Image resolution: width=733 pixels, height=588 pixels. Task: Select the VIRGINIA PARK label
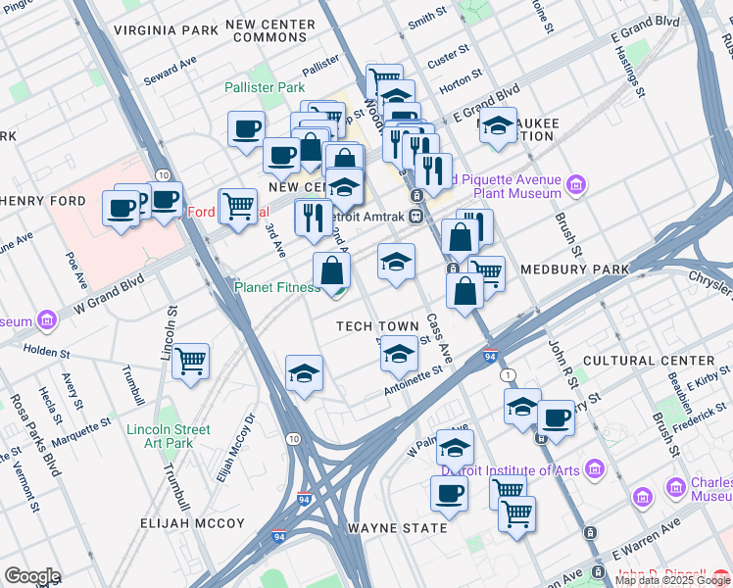pyautogui.click(x=165, y=30)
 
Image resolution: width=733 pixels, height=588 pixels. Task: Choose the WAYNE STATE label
pyautogui.click(x=397, y=528)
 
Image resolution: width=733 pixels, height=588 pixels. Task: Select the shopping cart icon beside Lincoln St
pyautogui.click(x=190, y=361)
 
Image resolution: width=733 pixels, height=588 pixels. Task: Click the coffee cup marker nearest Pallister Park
pyautogui.click(x=246, y=127)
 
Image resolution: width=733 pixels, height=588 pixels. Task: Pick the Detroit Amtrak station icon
pyautogui.click(x=416, y=215)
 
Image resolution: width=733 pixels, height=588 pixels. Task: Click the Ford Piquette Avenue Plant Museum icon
pyautogui.click(x=576, y=184)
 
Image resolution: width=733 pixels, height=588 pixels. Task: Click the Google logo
pyautogui.click(x=31, y=576)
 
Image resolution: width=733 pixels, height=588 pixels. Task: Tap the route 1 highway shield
pyautogui.click(x=507, y=376)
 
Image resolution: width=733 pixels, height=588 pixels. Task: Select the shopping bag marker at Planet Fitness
pyautogui.click(x=332, y=270)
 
